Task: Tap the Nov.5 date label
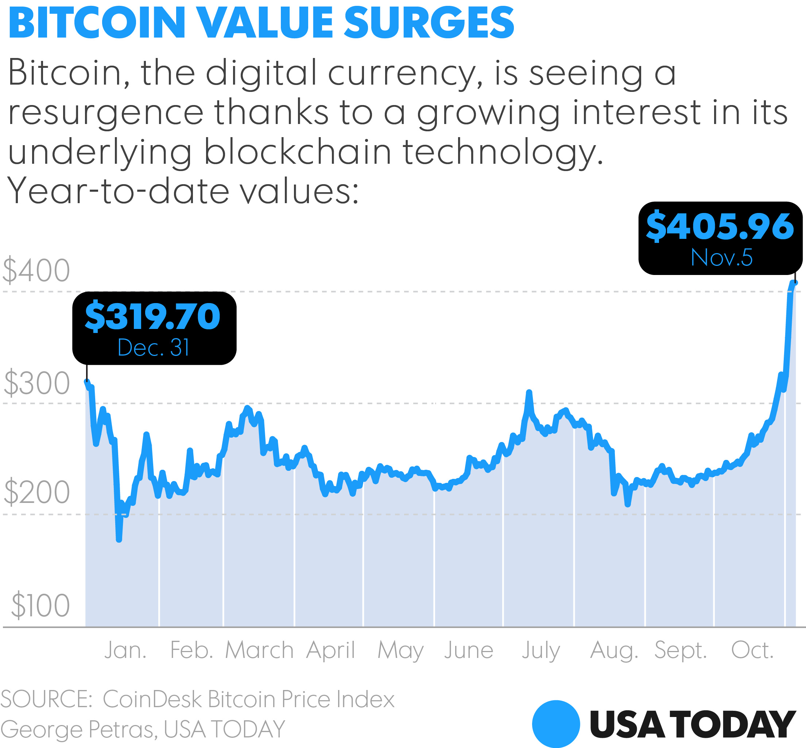(x=721, y=257)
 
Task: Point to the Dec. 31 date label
(x=154, y=347)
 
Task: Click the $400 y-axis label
(x=36, y=270)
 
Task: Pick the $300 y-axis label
(x=36, y=383)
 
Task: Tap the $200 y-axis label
(x=36, y=493)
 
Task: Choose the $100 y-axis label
(x=40, y=605)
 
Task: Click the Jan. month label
(x=125, y=651)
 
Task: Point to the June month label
(x=468, y=651)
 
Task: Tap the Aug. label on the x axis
(x=614, y=651)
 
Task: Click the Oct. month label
(x=752, y=651)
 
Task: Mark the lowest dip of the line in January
(x=119, y=539)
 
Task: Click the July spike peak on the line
(x=529, y=392)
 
